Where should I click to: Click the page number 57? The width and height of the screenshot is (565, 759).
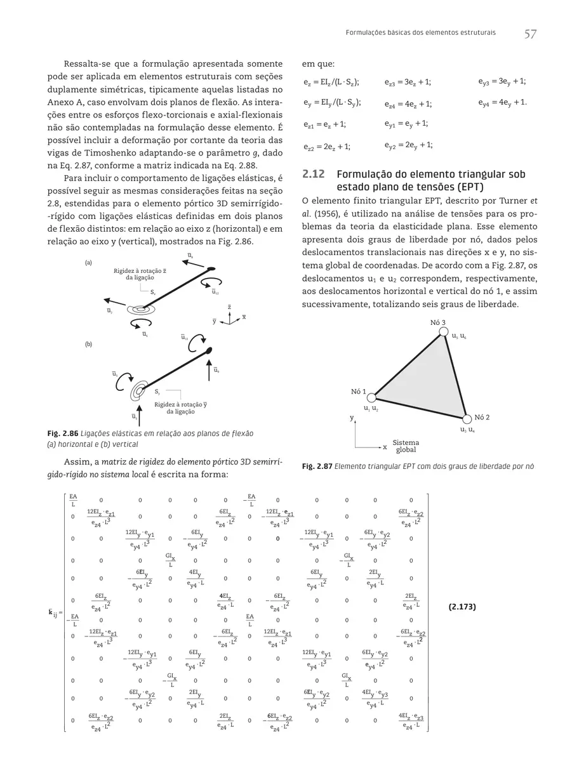[x=532, y=34]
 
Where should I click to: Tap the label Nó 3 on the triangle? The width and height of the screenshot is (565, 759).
[x=438, y=323]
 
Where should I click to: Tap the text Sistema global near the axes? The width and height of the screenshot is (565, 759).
[x=406, y=445]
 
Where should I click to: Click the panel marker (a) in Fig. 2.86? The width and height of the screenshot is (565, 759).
[x=88, y=261]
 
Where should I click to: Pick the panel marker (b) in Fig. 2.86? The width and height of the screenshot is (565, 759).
[x=88, y=344]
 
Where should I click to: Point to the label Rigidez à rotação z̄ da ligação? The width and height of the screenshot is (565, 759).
[x=140, y=274]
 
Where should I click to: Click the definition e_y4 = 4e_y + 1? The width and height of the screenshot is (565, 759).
[x=502, y=102]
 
